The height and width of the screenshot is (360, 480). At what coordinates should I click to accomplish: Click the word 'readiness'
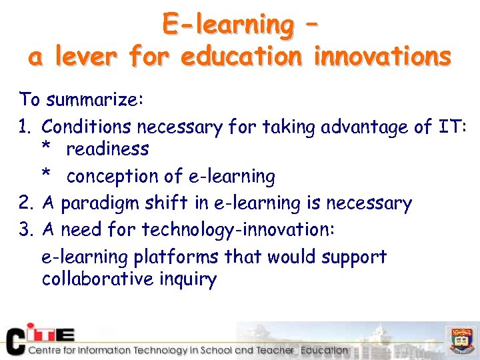(107, 149)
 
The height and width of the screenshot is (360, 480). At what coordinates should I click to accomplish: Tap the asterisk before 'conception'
(46, 175)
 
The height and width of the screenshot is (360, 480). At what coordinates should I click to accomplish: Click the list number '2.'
(27, 203)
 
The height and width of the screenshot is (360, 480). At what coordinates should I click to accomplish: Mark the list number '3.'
(27, 230)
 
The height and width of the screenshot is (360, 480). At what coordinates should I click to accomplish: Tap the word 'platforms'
(177, 257)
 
